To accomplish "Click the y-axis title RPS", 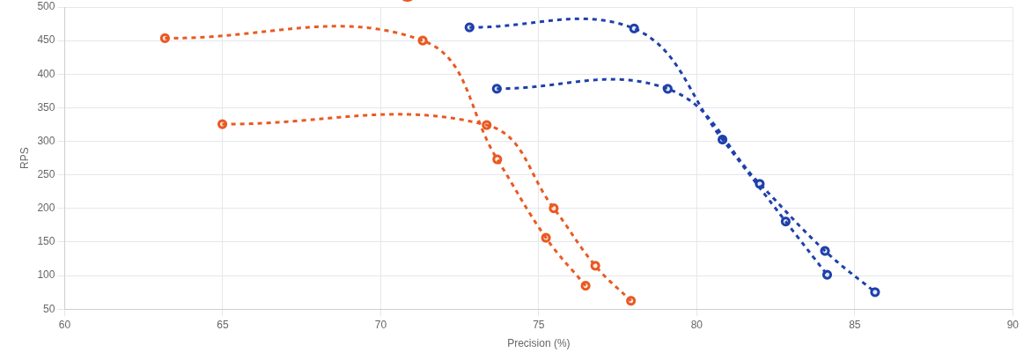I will (x=25, y=158).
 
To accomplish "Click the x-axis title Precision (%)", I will (x=538, y=343).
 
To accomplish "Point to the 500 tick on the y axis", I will (x=46, y=7).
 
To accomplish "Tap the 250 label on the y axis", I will (x=46, y=174).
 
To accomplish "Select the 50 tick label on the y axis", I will (x=49, y=309).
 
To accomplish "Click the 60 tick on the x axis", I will (x=64, y=325).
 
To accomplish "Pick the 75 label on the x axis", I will (x=539, y=325).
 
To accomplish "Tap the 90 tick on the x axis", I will (x=1013, y=325).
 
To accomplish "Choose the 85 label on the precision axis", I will (x=854, y=325).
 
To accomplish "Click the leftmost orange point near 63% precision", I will (x=165, y=39).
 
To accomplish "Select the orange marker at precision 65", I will (x=222, y=124).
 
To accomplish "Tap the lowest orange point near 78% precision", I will (x=630, y=301).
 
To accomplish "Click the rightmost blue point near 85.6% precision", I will (x=874, y=292).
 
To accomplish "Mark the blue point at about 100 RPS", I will (x=827, y=275).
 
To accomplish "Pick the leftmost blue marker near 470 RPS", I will (x=469, y=27).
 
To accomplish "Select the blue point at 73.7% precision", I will (x=497, y=89).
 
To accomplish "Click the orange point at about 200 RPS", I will (x=553, y=209).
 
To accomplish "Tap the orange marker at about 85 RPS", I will (x=585, y=286).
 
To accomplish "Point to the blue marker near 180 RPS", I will (x=785, y=222).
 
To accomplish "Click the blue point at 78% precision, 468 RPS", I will (x=634, y=29).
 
